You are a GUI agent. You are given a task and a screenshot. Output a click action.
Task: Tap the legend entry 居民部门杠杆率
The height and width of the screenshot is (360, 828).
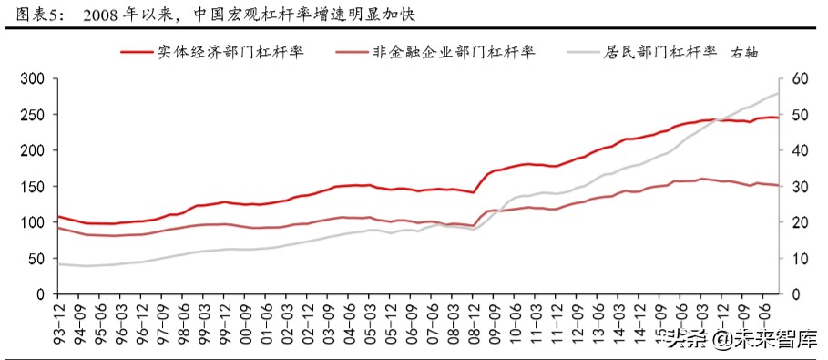[x=659, y=53]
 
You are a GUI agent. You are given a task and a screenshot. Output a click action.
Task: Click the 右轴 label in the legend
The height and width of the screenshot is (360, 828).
[x=750, y=54]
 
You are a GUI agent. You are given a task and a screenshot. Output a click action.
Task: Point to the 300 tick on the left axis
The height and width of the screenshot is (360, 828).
[x=33, y=79]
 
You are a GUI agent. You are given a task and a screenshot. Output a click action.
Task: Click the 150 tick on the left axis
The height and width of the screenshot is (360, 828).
[x=33, y=187]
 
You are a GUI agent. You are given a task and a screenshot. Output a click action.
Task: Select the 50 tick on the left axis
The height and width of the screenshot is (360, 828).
[x=36, y=259]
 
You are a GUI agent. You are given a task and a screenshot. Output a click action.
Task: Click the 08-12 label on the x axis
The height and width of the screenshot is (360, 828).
[x=474, y=320]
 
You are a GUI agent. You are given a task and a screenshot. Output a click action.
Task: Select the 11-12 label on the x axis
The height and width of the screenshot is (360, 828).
[x=557, y=320]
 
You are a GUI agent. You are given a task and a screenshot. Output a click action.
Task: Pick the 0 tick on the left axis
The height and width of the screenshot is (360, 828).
[x=41, y=294]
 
